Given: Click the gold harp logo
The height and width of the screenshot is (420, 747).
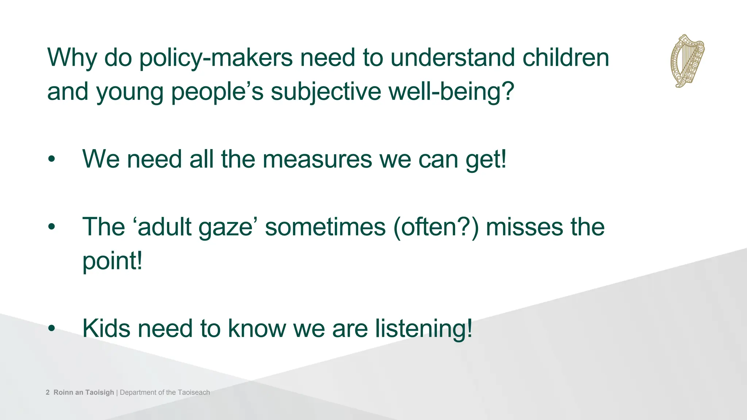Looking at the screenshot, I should click(687, 61).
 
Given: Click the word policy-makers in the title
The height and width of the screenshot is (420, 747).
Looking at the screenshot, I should click(216, 58).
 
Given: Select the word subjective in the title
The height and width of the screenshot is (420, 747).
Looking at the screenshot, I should click(325, 92).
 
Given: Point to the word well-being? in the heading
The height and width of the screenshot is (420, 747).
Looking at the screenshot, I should click(451, 92).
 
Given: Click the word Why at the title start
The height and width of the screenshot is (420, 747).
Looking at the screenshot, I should click(71, 58).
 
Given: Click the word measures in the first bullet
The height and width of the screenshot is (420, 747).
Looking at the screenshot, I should click(317, 160).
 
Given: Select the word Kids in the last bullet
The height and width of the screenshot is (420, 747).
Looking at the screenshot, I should click(106, 328).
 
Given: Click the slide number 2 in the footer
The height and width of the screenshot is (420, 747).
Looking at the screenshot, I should click(48, 393).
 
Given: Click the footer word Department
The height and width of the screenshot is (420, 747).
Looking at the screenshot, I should click(138, 393).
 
